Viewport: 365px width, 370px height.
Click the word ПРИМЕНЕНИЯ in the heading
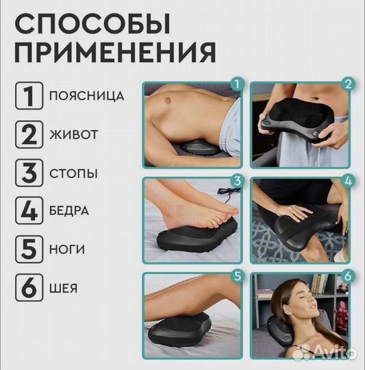pyautogui.click(x=115, y=52)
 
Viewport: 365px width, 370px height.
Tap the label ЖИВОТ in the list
pyautogui.click(x=73, y=134)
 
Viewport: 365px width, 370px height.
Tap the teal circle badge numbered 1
pyautogui.click(x=237, y=84)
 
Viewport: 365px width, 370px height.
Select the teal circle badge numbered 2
pyautogui.click(x=348, y=84)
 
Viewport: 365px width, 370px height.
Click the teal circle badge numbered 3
pyautogui.click(x=237, y=180)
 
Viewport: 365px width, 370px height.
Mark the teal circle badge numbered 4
pyautogui.click(x=348, y=182)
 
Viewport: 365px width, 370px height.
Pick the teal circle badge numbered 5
pyautogui.click(x=237, y=277)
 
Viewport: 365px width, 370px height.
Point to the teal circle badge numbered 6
pyautogui.click(x=348, y=277)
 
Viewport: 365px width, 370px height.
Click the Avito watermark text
pyautogui.click(x=330, y=353)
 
